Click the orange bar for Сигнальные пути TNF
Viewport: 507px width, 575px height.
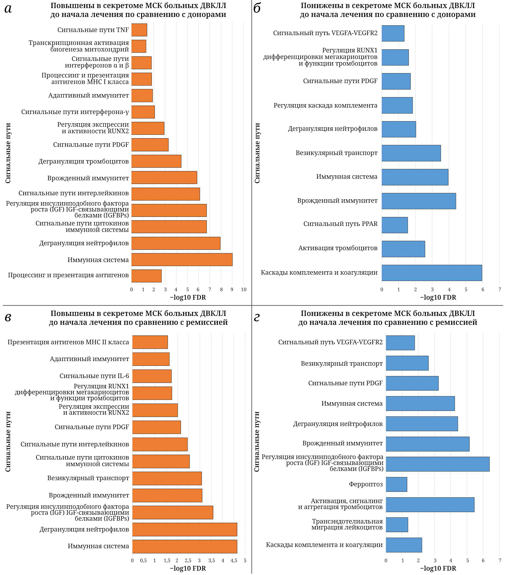(x=139, y=30)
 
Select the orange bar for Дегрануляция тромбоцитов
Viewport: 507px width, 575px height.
(x=156, y=161)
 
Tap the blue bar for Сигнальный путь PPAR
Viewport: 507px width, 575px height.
(x=394, y=225)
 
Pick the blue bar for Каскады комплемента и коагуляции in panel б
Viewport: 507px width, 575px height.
(x=432, y=273)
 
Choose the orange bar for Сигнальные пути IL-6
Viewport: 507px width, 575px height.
(x=152, y=376)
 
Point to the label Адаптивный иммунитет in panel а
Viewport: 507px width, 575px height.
(x=89, y=96)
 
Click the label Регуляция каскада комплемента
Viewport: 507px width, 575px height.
(x=325, y=105)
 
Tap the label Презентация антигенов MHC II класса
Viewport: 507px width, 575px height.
(x=68, y=342)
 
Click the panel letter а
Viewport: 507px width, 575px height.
(x=8, y=9)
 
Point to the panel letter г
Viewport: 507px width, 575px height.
(x=256, y=317)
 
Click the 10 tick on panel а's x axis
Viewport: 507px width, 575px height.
(x=244, y=290)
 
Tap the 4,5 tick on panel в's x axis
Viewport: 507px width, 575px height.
(x=234, y=561)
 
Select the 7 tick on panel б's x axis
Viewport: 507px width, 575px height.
(x=500, y=290)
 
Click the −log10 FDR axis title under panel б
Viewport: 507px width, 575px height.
(x=438, y=298)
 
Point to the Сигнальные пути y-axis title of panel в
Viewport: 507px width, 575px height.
(x=8, y=441)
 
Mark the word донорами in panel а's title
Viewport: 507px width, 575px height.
(x=207, y=15)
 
